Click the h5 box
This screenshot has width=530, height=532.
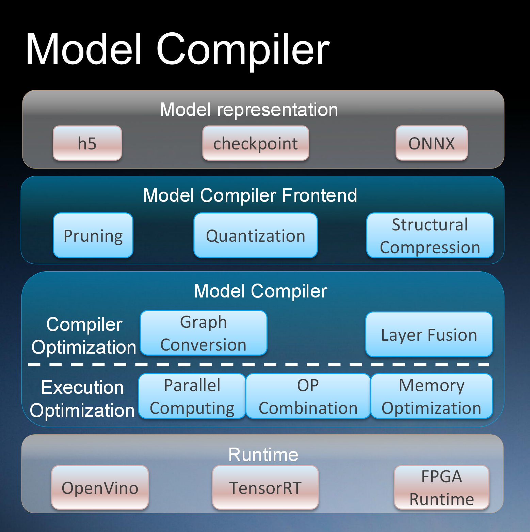[x=87, y=143]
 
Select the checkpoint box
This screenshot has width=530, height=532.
[x=256, y=143]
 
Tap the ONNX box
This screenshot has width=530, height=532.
[x=431, y=143]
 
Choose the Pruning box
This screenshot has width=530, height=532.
[x=93, y=236]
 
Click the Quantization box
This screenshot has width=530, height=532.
[x=256, y=236]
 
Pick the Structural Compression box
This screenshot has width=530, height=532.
[x=430, y=236]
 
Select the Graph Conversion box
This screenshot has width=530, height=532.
[x=204, y=333]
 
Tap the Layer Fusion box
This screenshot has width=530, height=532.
[x=429, y=335]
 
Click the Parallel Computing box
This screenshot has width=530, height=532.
[x=192, y=396]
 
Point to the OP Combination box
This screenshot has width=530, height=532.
[x=308, y=396]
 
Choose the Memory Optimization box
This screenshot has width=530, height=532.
[x=432, y=396]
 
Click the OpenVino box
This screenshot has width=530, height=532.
[x=100, y=488]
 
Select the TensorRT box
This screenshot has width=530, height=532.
[x=266, y=488]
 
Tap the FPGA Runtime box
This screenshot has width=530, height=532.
[x=441, y=488]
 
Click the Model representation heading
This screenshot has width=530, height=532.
[x=249, y=110]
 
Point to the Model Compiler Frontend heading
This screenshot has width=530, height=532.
[x=250, y=195]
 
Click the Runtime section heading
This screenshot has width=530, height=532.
[x=263, y=455]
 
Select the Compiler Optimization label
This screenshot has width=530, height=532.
[x=84, y=336]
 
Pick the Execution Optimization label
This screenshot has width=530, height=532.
[x=82, y=399]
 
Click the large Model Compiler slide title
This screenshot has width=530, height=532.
[x=177, y=49]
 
